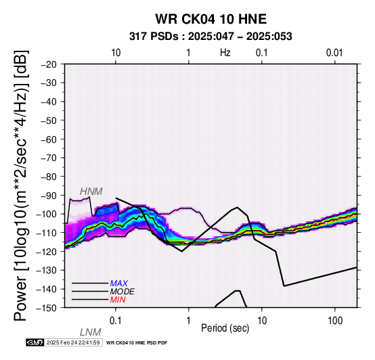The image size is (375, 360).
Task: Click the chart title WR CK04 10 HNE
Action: (211, 19)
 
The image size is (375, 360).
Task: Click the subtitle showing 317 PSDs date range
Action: (211, 37)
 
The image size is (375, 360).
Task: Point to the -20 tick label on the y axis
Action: (49, 64)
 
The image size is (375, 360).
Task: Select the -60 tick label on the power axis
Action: (49, 139)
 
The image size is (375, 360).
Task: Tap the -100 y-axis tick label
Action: (47, 214)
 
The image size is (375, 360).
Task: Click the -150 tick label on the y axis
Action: (47, 308)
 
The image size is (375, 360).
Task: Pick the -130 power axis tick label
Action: (47, 270)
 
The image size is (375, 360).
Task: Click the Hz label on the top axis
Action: (225, 53)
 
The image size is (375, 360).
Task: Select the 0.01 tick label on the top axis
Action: (334, 53)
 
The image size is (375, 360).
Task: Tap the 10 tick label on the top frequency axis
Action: (116, 53)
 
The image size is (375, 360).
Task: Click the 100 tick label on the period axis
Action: (335, 321)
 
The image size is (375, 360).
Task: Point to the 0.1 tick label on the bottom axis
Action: (115, 321)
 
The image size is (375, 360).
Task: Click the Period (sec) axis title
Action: (225, 328)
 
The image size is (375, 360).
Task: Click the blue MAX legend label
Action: (119, 284)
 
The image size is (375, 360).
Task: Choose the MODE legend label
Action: (123, 292)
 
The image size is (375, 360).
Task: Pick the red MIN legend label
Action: (118, 300)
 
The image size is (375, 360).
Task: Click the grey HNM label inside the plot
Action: (91, 192)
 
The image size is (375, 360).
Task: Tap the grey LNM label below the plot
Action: (91, 332)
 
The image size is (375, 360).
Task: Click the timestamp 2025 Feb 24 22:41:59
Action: (73, 342)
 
